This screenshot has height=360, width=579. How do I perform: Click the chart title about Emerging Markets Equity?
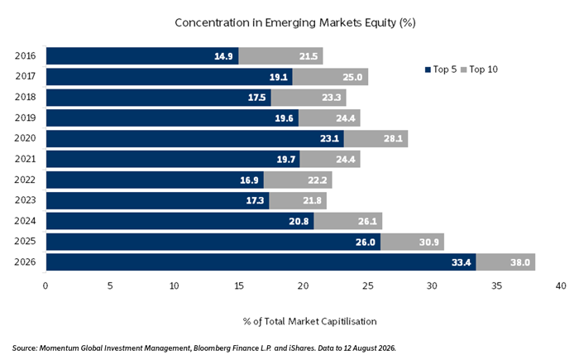[295, 23]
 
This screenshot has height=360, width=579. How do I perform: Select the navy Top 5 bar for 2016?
[142, 55]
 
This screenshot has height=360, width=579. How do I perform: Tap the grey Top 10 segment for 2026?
[505, 262]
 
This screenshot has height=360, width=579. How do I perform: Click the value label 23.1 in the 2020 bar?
[329, 138]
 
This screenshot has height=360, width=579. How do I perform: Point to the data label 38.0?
[520, 262]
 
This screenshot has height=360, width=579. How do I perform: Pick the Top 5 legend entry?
[441, 70]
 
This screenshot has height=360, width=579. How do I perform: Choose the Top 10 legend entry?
[480, 70]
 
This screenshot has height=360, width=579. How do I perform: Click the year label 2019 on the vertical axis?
[25, 118]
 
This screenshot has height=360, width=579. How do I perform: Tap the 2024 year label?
[25, 221]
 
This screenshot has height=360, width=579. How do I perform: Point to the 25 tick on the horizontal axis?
[368, 286]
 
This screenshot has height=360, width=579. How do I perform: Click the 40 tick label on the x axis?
[561, 286]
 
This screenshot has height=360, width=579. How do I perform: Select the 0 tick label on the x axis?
[45, 286]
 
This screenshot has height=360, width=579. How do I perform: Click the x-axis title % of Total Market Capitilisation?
[310, 321]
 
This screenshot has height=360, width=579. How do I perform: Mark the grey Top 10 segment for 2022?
[298, 180]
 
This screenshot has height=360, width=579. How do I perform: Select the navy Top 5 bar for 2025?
[213, 242]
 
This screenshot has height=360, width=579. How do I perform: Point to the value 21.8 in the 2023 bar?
[312, 200]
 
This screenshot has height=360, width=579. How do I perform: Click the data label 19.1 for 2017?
[279, 77]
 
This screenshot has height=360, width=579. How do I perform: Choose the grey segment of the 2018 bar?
[309, 97]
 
